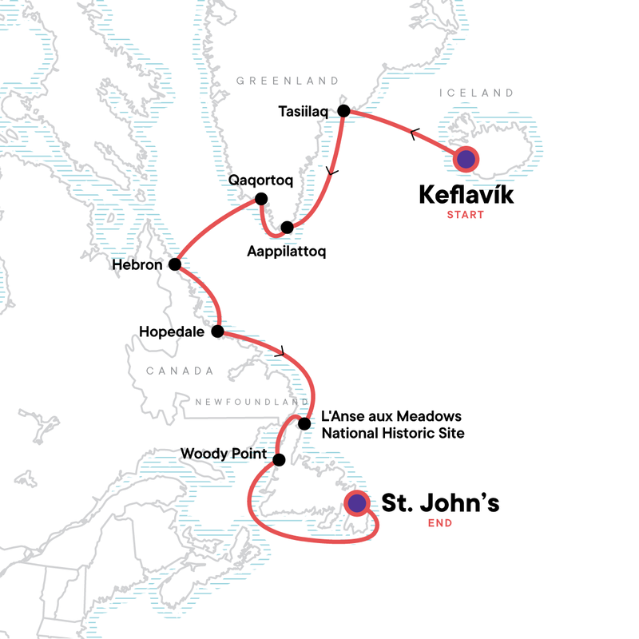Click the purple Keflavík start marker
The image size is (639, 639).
pyautogui.click(x=466, y=160)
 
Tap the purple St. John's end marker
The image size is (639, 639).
pyautogui.click(x=356, y=502)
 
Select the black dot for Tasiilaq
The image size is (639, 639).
pyautogui.click(x=343, y=110)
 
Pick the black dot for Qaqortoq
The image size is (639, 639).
pyautogui.click(x=260, y=199)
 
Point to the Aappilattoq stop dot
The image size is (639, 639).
pyautogui.click(x=288, y=228)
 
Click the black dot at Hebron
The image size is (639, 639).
pyautogui.click(x=174, y=264)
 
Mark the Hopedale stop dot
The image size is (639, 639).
pyautogui.click(x=217, y=331)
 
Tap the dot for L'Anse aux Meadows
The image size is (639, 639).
pyautogui.click(x=304, y=423)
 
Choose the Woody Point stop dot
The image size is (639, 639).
pyautogui.click(x=279, y=459)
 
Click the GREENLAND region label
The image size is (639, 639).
pyautogui.click(x=288, y=81)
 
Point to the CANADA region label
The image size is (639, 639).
pyautogui.click(x=180, y=371)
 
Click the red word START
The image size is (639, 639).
pyautogui.click(x=466, y=215)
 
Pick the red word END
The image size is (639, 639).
pyautogui.click(x=439, y=524)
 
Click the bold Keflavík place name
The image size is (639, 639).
pyautogui.click(x=466, y=194)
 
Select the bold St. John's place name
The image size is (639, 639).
pyautogui.click(x=439, y=503)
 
